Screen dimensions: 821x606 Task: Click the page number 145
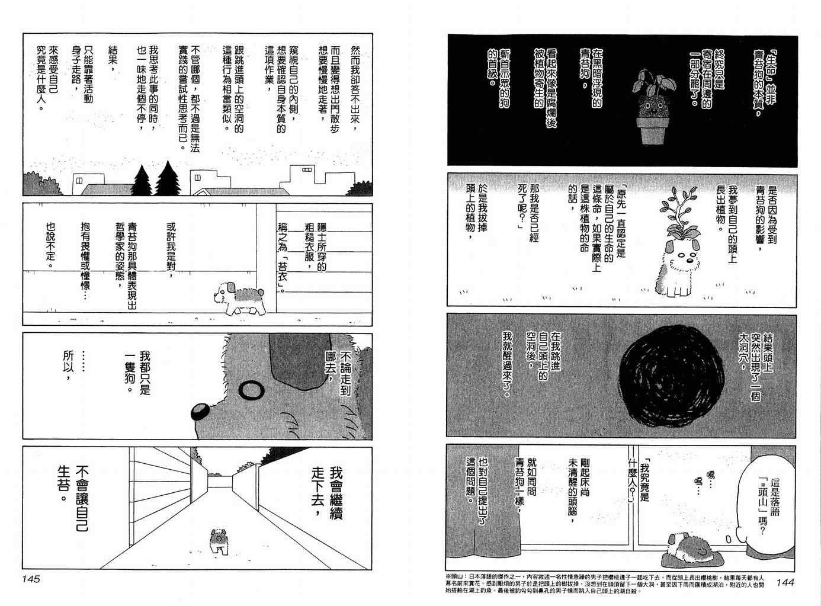pyautogui.click(x=31, y=579)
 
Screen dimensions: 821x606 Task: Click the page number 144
pyautogui.click(x=785, y=582)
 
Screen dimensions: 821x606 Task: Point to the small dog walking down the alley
pyautogui.click(x=219, y=541)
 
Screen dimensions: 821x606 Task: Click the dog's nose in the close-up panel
pyautogui.click(x=200, y=411)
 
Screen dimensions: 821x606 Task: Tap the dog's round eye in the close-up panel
pyautogui.click(x=251, y=390)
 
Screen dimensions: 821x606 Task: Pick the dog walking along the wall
pyautogui.click(x=239, y=299)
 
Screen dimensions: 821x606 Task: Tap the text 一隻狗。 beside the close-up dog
pyautogui.click(x=130, y=372)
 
